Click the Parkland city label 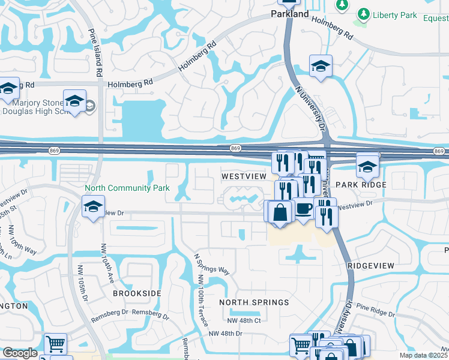289,13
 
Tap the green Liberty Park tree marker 363,14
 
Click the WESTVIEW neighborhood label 243,177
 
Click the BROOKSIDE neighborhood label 137,293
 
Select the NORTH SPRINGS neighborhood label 253,302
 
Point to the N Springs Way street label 211,262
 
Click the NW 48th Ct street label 245,320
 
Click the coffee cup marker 303,208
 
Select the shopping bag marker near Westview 280,211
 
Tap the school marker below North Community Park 93,207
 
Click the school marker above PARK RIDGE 367,165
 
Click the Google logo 20,353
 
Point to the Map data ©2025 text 423,355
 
